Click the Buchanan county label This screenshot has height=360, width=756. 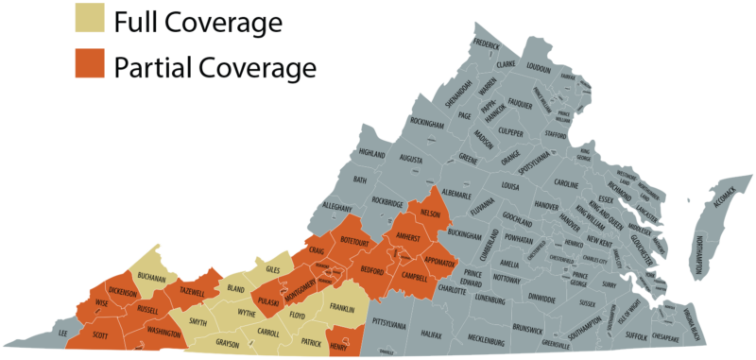[x=151, y=278]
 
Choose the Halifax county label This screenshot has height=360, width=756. [x=432, y=335]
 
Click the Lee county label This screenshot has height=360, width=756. [x=63, y=334]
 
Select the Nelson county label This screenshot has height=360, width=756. [x=431, y=213]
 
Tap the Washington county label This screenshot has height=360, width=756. [x=163, y=334]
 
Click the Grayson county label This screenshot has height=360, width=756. [x=228, y=344]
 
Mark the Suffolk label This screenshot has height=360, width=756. [x=638, y=335]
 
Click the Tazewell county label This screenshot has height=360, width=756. [x=192, y=292]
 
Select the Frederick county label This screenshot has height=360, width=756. [x=486, y=43]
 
